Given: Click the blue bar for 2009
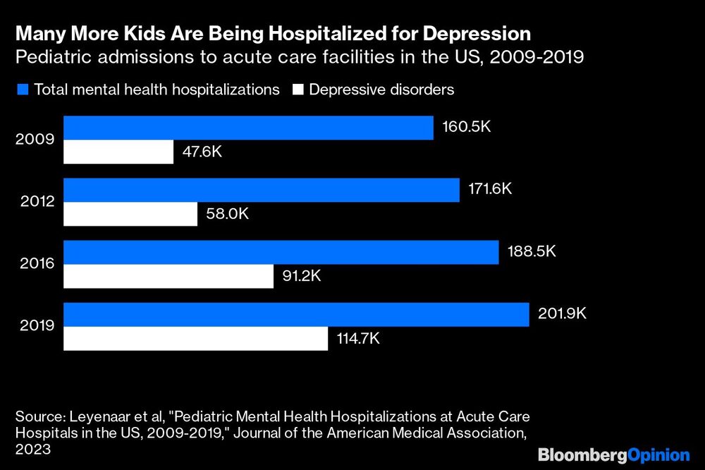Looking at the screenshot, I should tap(248, 128).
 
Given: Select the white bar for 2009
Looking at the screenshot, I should tap(118, 152).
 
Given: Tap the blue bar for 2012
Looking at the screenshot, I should tap(262, 190).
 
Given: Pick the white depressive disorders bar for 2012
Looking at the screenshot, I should tap(130, 214).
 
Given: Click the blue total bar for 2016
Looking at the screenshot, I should tap(281, 252).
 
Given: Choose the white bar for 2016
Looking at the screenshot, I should tap(168, 276).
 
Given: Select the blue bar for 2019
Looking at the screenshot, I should tap(296, 315).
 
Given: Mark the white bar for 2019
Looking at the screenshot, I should tap(196, 339).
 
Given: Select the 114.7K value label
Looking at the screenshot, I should tap(359, 339).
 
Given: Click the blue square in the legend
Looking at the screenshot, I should tap(23, 90).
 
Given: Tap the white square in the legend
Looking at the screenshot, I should tap(298, 90).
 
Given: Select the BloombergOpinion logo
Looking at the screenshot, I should tap(613, 454).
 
